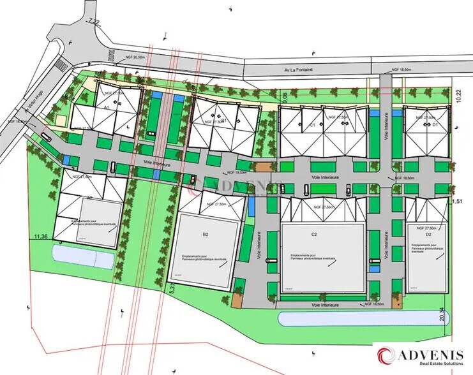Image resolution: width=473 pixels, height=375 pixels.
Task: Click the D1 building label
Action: [435, 126]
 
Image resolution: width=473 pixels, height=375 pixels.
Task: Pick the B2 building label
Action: [206, 235]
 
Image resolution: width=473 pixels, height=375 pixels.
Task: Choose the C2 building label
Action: [314, 235]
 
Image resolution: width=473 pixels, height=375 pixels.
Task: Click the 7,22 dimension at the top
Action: [96, 22]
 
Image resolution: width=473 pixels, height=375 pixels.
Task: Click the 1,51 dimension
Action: [456, 202]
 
